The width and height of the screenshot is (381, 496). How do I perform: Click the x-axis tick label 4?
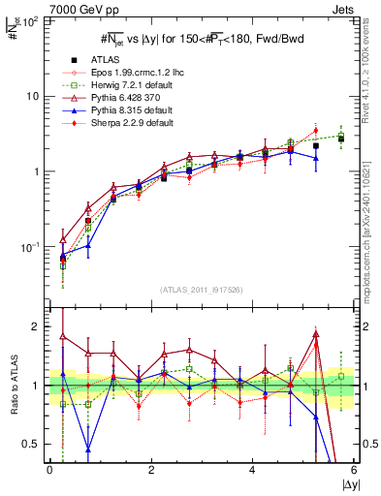coord(252,470)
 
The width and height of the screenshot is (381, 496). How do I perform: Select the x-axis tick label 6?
coord(354,470)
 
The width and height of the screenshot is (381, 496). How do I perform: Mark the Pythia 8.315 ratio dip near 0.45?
coord(88,449)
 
